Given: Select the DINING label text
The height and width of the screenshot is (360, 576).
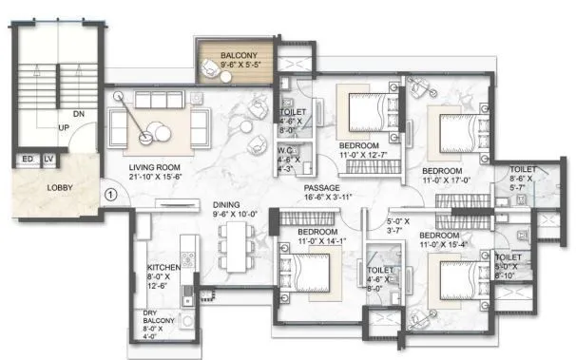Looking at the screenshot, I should coord(226,204).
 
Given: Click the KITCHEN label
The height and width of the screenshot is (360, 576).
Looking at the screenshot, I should coord(163,269).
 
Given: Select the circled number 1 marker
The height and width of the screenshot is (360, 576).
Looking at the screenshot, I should coord(110,196).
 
